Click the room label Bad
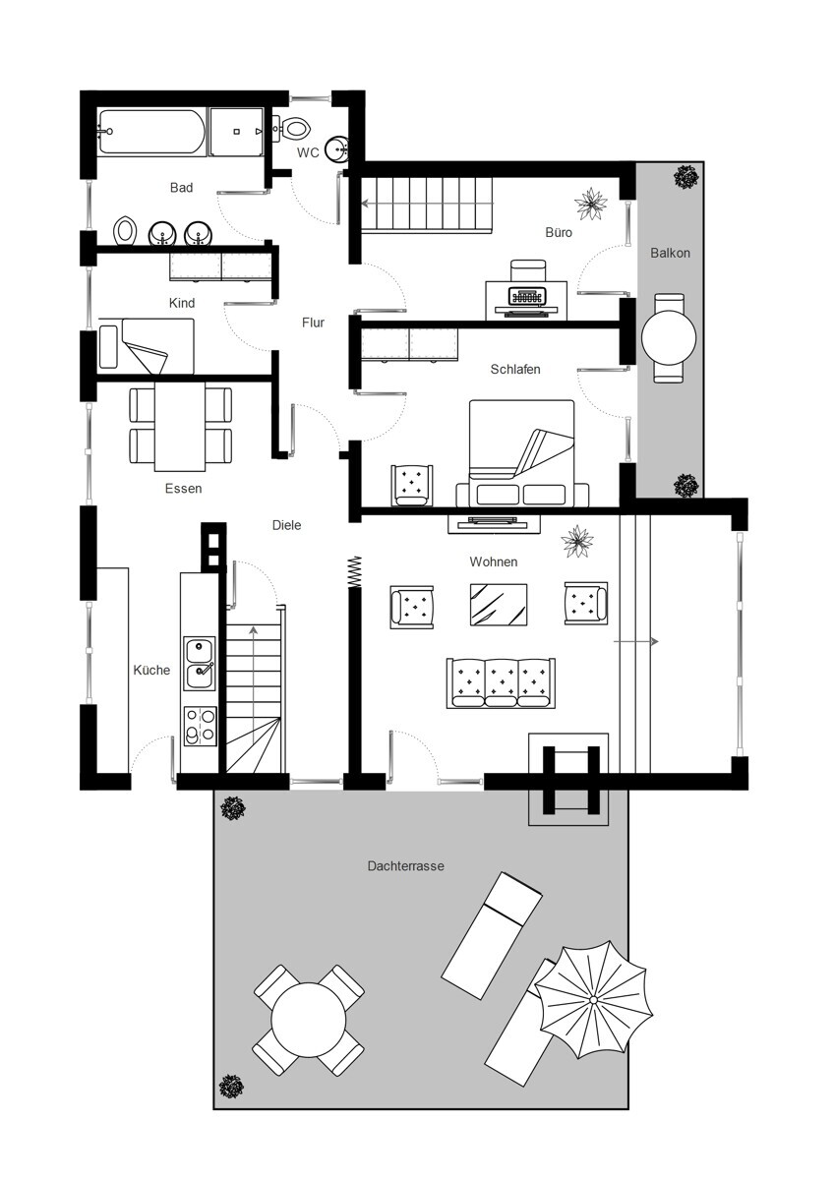pyautogui.click(x=181, y=188)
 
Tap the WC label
pyautogui.click(x=308, y=152)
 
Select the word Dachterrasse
pyautogui.click(x=405, y=865)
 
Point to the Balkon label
pyautogui.click(x=670, y=253)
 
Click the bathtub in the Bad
pyautogui.click(x=151, y=132)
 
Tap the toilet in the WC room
pyautogui.click(x=292, y=128)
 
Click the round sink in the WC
pyautogui.click(x=336, y=149)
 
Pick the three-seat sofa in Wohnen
pyautogui.click(x=501, y=682)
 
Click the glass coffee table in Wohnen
pyautogui.click(x=498, y=605)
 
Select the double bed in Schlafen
pyautogui.click(x=521, y=452)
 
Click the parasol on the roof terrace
pyautogui.click(x=593, y=999)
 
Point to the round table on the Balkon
pyautogui.click(x=669, y=337)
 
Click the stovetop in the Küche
pyautogui.click(x=201, y=727)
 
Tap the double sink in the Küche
pyautogui.click(x=199, y=663)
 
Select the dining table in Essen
pyautogui.click(x=180, y=426)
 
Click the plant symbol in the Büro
pyautogui.click(x=590, y=204)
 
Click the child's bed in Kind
pyautogui.click(x=147, y=345)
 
